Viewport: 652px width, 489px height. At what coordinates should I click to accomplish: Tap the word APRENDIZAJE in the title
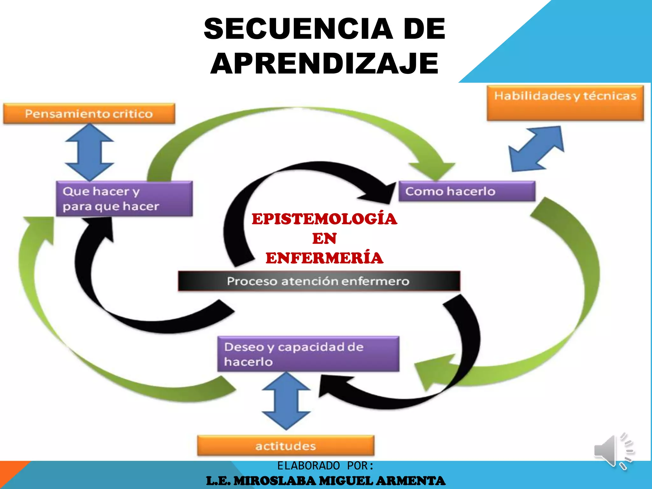pyautogui.click(x=324, y=63)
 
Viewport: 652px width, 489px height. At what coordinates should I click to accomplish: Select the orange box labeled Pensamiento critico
pyautogui.click(x=89, y=114)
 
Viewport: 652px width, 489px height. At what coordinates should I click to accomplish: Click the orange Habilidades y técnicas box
pyautogui.click(x=565, y=103)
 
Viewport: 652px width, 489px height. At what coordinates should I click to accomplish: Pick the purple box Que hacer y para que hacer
pyautogui.click(x=124, y=199)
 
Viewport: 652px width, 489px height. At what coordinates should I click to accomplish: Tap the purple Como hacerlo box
pyautogui.click(x=467, y=191)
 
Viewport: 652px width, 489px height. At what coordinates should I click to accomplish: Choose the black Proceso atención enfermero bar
pyautogui.click(x=319, y=281)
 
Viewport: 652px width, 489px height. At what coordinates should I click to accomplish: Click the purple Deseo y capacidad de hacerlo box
pyautogui.click(x=308, y=354)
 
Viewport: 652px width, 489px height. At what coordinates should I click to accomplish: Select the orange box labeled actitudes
pyautogui.click(x=286, y=446)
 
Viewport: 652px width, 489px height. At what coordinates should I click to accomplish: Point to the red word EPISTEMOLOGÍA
pyautogui.click(x=324, y=219)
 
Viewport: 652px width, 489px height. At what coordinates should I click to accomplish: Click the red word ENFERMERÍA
pyautogui.click(x=324, y=258)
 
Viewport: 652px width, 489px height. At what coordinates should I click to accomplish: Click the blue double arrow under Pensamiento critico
pyautogui.click(x=89, y=152)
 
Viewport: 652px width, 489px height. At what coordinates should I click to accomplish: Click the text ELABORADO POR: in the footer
pyautogui.click(x=325, y=466)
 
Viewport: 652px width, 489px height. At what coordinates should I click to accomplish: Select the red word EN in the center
pyautogui.click(x=324, y=238)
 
